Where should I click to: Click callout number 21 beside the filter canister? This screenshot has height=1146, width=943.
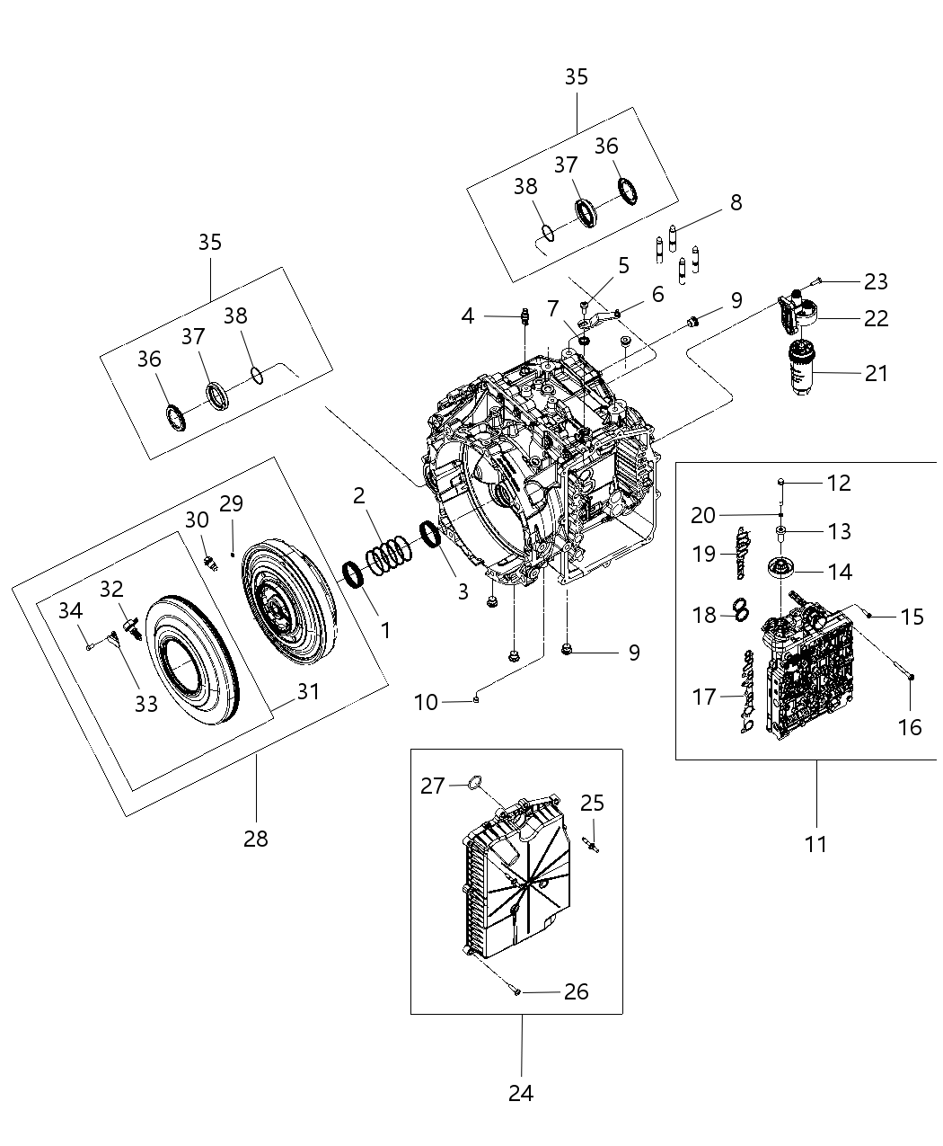[876, 372]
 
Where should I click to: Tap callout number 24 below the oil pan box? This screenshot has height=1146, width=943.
[521, 1093]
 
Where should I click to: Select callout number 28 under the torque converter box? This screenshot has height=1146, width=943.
[256, 839]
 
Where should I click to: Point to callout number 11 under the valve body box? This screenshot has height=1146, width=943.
[816, 844]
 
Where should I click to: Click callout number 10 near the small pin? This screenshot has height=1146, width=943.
[426, 702]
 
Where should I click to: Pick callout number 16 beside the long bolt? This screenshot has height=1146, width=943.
[910, 726]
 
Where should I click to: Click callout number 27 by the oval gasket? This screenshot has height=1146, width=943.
[433, 786]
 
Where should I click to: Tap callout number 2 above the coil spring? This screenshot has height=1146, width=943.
[359, 495]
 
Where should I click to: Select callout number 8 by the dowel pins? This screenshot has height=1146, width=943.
[736, 202]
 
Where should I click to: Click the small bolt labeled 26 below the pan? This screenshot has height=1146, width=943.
[516, 991]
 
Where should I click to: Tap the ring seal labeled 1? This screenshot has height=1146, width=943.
[353, 575]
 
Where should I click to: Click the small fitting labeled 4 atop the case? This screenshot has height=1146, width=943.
[524, 316]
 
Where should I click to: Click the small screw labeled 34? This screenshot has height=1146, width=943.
[91, 644]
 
